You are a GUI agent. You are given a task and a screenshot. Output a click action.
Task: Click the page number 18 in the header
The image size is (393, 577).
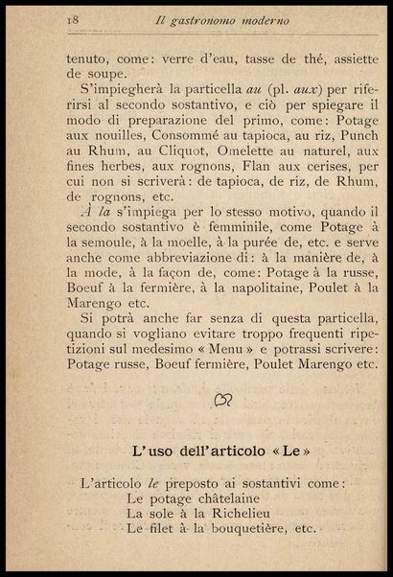point(45,18)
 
